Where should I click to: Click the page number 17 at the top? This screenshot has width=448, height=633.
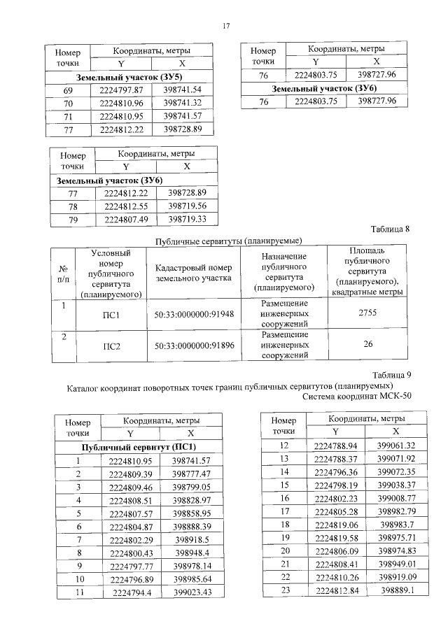[x=226, y=26]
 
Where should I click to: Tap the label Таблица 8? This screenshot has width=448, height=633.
[x=388, y=229]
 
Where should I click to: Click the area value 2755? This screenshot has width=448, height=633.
[x=367, y=313]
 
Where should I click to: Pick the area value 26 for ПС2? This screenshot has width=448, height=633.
[x=367, y=344]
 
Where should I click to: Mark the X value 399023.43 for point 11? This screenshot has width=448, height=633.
[x=192, y=592]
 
